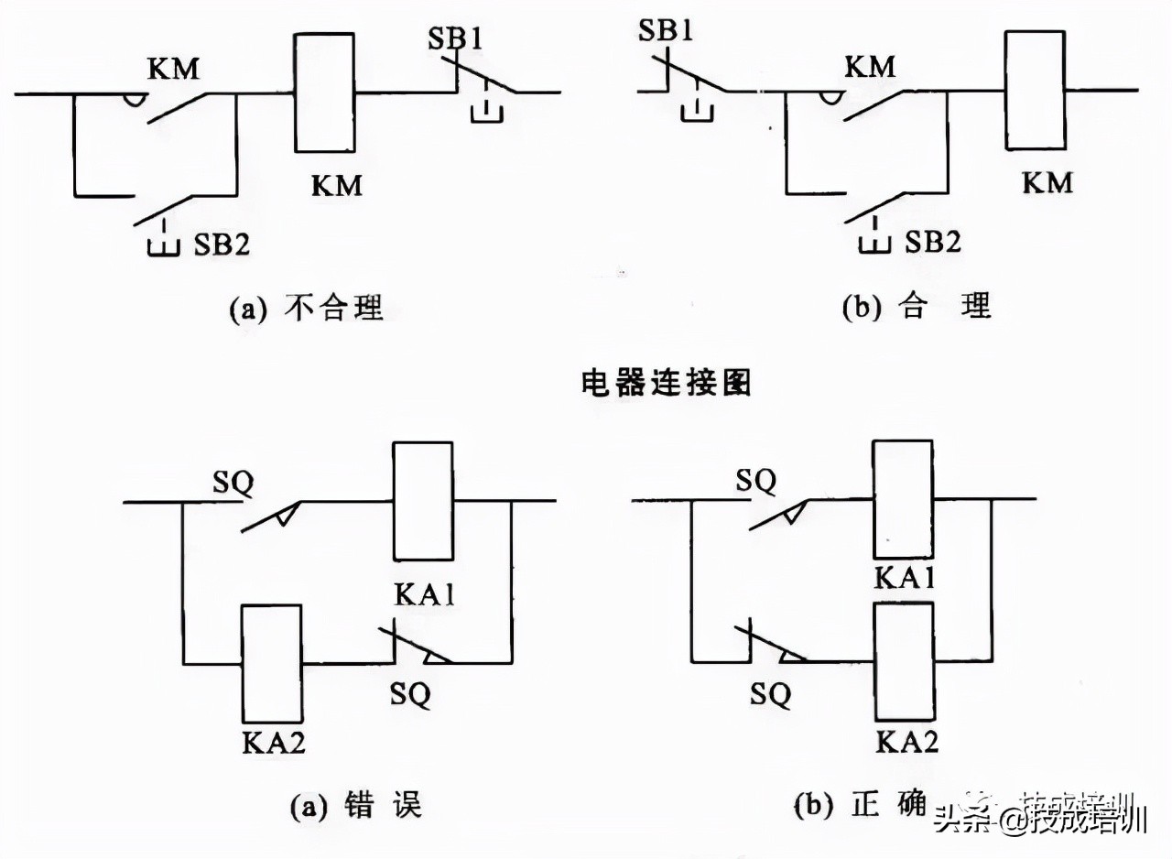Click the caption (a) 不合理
coord(306,309)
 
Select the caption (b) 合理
coord(917,307)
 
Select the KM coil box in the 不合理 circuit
coord(324,92)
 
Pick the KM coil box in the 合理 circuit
coord(1035,90)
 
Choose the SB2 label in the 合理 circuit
coord(933,243)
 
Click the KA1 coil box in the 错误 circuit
coord(423,501)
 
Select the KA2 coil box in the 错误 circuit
coord(271,663)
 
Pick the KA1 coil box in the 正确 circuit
coord(902,499)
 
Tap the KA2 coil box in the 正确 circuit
coord(905,662)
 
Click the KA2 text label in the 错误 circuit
coord(272,741)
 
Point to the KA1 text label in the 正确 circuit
coord(906,578)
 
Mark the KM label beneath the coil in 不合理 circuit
coord(336,185)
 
